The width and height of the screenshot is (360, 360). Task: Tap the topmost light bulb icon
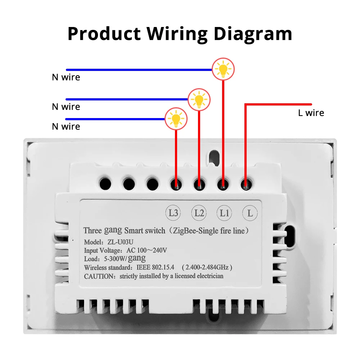[x=223, y=69]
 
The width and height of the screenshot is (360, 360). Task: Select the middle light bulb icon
[x=199, y=99]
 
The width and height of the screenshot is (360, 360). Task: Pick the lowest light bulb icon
[x=176, y=119]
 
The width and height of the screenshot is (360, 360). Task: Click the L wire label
[x=311, y=113]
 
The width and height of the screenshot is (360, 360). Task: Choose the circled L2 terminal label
[x=199, y=213]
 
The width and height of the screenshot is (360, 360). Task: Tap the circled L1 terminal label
[x=224, y=213]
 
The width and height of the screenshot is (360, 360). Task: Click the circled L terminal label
[x=250, y=213]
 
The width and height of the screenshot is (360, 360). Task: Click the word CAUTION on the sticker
[x=99, y=276]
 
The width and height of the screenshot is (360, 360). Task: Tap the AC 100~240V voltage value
[x=147, y=250]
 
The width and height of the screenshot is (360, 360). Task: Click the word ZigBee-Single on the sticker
[x=193, y=230]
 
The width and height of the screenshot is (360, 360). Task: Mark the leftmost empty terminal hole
[x=105, y=184]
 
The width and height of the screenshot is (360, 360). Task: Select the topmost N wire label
[x=66, y=77]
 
